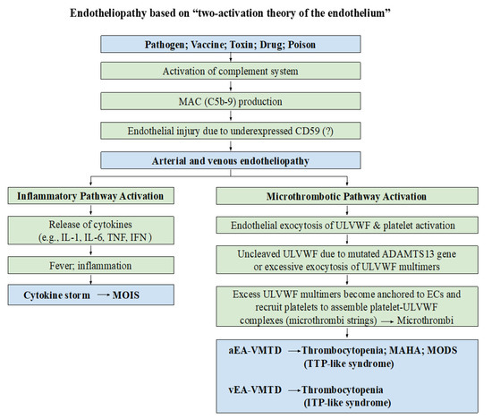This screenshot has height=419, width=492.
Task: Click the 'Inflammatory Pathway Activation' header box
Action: pos(102,196)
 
